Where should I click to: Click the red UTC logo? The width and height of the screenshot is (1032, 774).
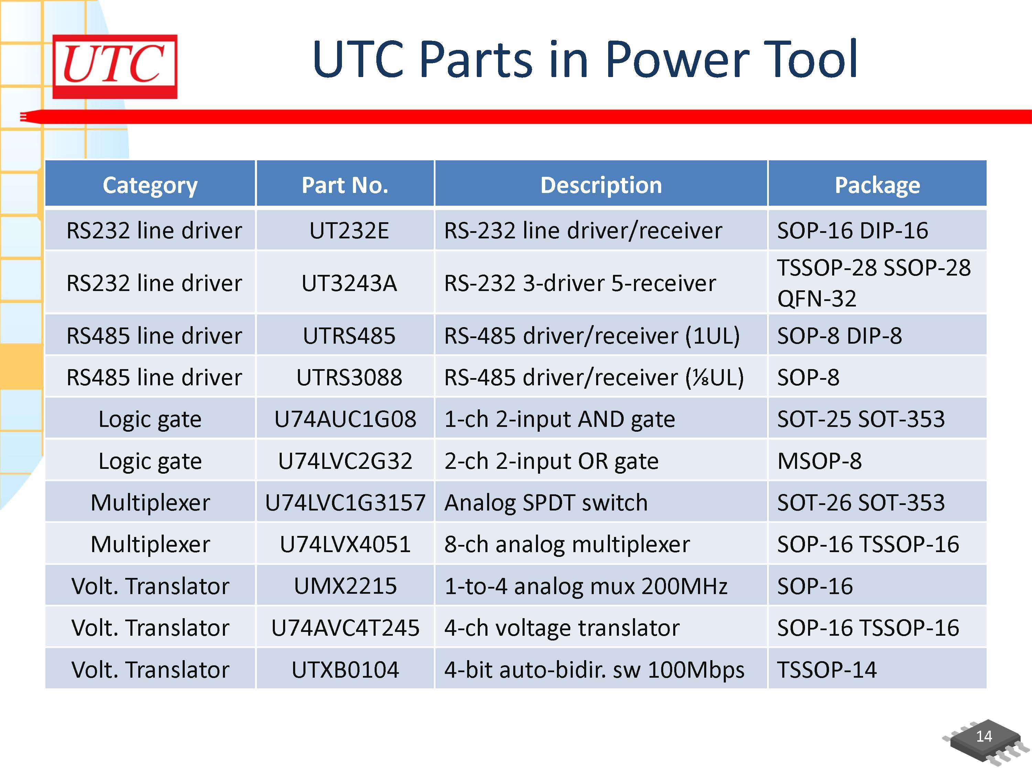115,66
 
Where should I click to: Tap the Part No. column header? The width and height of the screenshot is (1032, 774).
345,185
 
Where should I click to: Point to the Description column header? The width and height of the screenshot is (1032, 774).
601,185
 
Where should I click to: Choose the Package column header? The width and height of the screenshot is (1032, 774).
877,185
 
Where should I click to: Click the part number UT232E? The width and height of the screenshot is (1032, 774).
349,230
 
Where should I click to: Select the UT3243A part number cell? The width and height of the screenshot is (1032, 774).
349,283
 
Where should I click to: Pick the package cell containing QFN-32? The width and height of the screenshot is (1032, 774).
873,283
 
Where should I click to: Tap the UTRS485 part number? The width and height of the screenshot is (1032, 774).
349,335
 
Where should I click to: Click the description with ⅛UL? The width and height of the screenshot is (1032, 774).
593,377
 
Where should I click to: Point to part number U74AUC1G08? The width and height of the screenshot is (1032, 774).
345,419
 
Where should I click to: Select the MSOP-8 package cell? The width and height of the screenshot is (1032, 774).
819,461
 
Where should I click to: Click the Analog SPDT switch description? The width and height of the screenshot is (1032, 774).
546,503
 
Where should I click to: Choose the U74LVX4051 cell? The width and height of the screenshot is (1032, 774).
345,544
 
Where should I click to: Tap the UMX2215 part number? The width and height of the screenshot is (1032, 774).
345,586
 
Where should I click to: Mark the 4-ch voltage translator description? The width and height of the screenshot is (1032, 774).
562,627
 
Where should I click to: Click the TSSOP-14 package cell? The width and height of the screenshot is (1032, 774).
827,669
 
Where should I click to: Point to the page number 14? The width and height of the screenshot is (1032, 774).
983,736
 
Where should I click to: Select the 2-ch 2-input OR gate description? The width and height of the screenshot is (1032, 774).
551,461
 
